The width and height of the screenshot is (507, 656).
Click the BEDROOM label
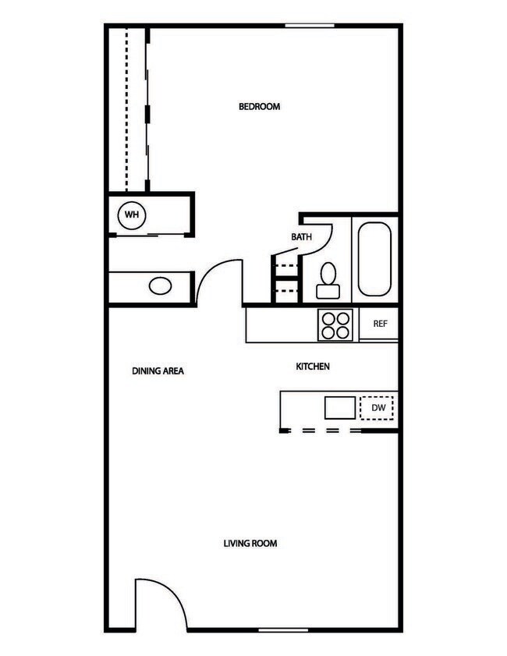point(259,107)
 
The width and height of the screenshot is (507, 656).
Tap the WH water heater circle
point(131,214)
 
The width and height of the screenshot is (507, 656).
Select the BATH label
point(302,236)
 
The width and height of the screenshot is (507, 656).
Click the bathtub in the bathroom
point(374,259)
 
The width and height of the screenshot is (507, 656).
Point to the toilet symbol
point(328,281)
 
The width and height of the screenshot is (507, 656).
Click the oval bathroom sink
point(161,285)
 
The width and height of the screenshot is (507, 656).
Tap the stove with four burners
point(336,324)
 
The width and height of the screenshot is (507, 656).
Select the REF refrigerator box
point(380,324)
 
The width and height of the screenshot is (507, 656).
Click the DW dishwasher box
point(378,407)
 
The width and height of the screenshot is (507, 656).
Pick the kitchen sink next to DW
point(340,407)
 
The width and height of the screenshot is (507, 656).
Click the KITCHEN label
point(313,366)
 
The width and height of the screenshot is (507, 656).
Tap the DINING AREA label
point(158,371)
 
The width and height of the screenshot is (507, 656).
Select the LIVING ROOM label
point(250,543)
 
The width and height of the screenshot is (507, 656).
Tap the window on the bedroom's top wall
point(310,27)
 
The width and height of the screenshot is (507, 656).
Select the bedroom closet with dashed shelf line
point(127,109)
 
